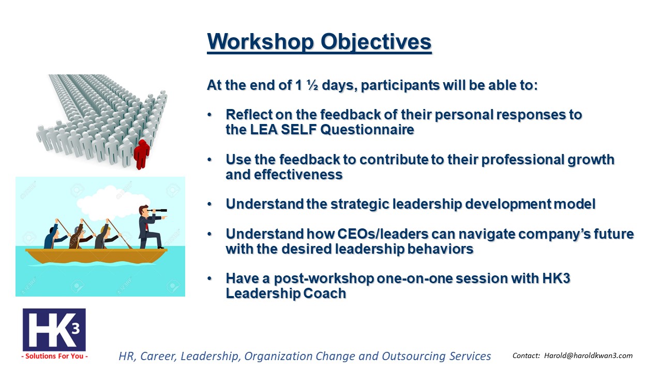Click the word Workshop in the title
[260, 42]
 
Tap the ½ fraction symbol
[312, 85]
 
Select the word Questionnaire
[367, 129]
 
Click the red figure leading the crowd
[142, 154]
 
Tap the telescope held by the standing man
[158, 210]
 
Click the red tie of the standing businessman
[147, 226]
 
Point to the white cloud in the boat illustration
[112, 204]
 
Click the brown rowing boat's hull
[96, 256]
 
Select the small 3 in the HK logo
[76, 328]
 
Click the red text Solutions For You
[54, 357]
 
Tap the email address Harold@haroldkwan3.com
[588, 356]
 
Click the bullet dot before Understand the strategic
[209, 204]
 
